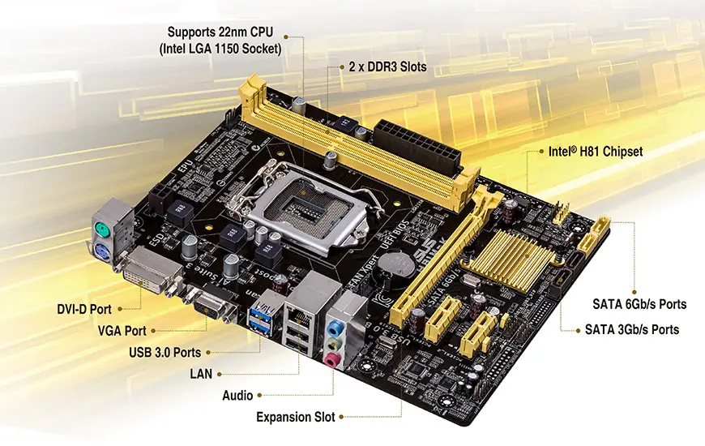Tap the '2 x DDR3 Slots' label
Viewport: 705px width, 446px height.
point(387,66)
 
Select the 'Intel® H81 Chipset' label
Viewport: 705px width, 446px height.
point(596,152)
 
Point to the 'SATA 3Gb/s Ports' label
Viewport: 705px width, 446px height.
point(632,330)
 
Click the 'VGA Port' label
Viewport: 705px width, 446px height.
point(122,331)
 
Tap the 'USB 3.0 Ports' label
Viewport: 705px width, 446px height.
point(164,353)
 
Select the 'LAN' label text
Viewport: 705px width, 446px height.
point(201,374)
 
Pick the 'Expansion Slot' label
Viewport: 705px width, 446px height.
point(295,418)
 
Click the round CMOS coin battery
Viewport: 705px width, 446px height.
point(397,264)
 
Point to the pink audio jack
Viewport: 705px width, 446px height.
point(332,358)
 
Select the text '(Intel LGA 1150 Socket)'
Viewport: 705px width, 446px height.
point(220,48)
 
